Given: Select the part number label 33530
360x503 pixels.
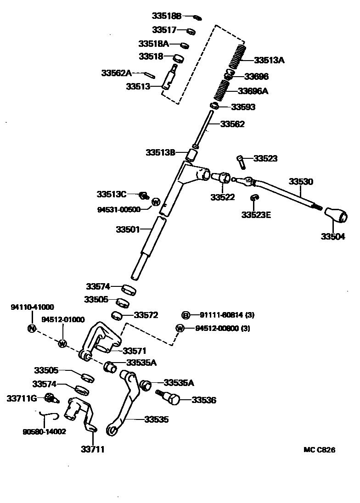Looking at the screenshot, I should [x=301, y=182].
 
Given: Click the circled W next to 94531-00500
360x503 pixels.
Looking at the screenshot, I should [x=156, y=201].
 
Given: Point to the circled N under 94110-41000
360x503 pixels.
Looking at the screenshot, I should [x=32, y=328].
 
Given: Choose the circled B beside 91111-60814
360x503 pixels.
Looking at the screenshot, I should [x=186, y=315].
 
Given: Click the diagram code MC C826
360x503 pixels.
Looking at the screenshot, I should [x=319, y=450].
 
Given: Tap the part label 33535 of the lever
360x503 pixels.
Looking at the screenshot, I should [x=156, y=419].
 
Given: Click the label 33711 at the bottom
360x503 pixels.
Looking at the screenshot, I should [x=93, y=449].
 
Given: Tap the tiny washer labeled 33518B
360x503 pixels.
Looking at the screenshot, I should [x=197, y=17].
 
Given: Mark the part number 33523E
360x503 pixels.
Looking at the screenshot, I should [x=256, y=214].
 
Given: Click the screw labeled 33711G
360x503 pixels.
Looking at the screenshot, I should [x=51, y=397].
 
